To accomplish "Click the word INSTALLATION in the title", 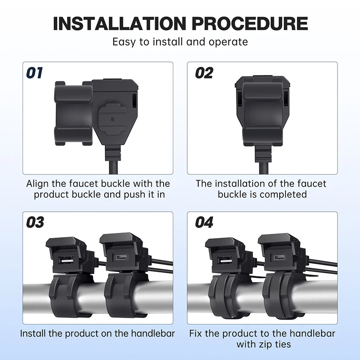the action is coord(119,23).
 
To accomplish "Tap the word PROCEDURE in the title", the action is coord(250,23).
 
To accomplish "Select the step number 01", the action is coord(34,73).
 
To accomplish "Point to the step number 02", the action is coord(204,73).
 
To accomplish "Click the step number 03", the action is coord(35,222).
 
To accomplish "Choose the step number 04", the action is coord(204,222).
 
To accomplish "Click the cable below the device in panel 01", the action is coord(113,167).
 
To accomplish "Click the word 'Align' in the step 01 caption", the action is coord(37,184).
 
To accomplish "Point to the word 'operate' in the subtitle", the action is coord(228,42).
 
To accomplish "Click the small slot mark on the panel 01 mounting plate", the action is coord(112,119).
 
